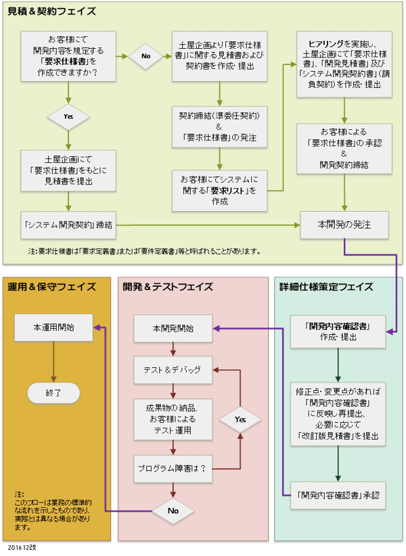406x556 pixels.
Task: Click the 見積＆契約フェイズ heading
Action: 51,11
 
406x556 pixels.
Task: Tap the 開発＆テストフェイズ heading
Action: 168,287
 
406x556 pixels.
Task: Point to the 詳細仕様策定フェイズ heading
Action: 326,287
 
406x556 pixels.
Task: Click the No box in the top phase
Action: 145,57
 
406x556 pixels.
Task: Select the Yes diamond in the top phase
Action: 68,116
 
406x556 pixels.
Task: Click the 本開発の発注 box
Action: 344,223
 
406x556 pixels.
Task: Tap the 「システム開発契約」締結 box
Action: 68,223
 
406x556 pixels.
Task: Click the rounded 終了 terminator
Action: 53,392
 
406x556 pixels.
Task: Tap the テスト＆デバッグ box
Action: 173,370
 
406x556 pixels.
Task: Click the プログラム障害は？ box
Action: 173,467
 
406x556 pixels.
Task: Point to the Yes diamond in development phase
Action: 240,419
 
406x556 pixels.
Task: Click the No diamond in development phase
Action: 173,511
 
